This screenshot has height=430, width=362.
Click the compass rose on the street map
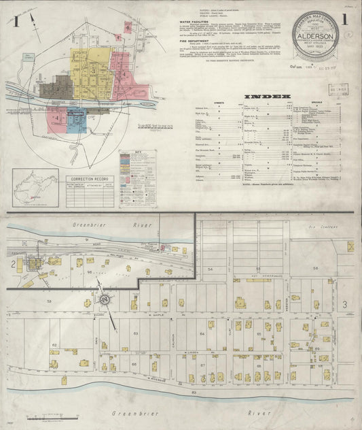(105, 298)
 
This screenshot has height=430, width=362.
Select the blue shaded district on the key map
(76, 120)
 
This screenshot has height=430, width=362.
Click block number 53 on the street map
(48, 300)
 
